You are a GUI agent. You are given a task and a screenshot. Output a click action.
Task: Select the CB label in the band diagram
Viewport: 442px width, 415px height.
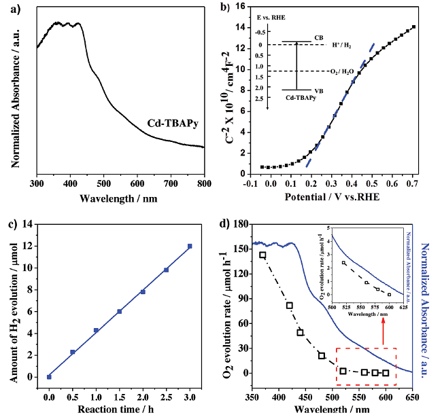point(318,37)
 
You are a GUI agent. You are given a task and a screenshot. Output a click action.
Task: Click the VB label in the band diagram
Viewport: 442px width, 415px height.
point(318,90)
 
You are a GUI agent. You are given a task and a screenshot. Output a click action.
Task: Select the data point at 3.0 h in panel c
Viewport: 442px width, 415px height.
point(190,246)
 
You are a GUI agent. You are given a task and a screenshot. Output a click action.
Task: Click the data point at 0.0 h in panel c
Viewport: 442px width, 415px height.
point(49,376)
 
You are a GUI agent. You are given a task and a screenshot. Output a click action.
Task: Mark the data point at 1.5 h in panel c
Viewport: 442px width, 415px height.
point(119,311)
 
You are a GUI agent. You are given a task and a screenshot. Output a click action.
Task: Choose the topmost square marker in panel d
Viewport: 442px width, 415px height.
point(262,255)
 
